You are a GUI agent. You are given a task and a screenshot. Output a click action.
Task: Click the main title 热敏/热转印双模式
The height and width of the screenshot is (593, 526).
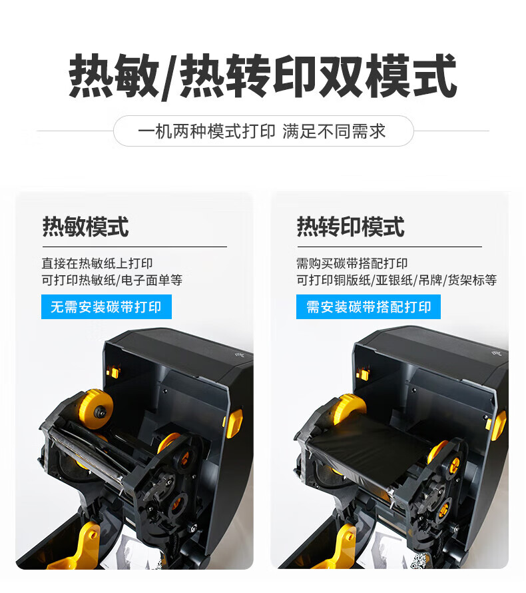pos(263,77)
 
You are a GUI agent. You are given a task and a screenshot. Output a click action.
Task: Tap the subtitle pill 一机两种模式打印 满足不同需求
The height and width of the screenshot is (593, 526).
pos(264,131)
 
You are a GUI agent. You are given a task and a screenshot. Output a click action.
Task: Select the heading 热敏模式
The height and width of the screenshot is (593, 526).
pos(86,227)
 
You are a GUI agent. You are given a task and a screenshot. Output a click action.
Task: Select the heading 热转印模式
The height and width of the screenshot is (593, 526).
pos(351,227)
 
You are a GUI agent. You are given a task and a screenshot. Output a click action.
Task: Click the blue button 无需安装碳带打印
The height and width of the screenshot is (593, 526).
pos(106,306)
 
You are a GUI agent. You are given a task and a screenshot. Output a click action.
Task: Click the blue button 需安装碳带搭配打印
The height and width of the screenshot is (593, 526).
pos(368,306)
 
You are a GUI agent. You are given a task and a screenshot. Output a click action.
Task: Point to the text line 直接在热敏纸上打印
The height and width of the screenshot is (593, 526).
pos(97,263)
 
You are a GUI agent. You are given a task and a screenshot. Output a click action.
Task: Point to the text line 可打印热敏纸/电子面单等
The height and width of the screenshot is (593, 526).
pos(112,281)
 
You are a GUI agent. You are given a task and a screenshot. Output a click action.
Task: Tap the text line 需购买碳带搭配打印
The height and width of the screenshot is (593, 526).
pos(352,263)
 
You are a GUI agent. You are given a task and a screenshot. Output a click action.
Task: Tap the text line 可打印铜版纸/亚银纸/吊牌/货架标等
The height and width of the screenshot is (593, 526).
pos(396,281)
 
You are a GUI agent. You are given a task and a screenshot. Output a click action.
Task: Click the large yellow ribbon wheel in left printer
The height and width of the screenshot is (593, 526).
pos(96,410)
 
